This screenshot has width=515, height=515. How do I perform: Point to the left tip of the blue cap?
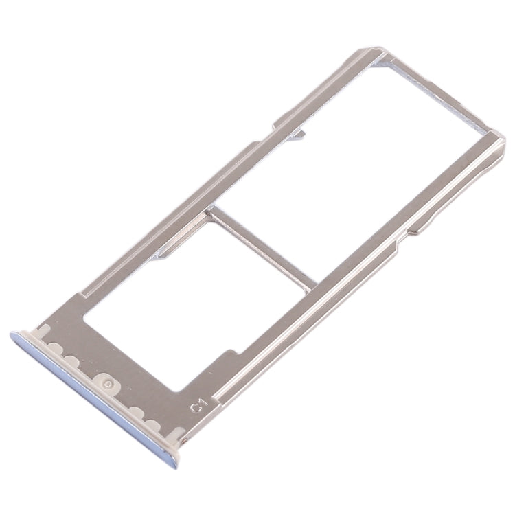[13, 336]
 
